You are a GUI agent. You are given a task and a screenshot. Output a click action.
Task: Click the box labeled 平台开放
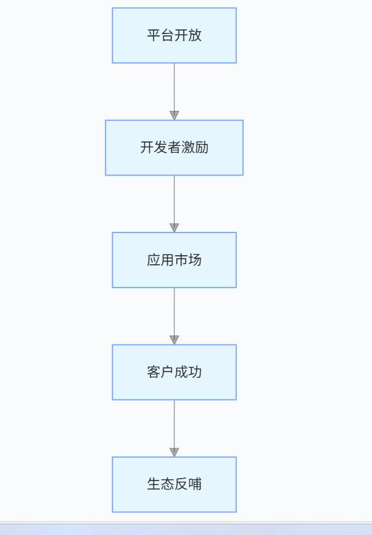[x=174, y=35]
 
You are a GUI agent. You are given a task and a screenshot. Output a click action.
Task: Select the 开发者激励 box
[x=174, y=148]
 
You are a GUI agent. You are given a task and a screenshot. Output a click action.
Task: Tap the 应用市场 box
[x=174, y=260]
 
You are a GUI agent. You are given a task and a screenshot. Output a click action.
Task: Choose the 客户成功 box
[x=174, y=372]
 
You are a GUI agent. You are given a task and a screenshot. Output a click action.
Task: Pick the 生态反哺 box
[x=174, y=485]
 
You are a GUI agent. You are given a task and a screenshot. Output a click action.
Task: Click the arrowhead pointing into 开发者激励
[x=174, y=115]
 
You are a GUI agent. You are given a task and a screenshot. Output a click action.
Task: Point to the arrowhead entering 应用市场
[x=174, y=228]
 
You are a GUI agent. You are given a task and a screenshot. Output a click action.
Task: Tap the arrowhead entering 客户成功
[x=174, y=340]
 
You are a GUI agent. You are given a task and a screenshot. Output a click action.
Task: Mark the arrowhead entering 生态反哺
[x=174, y=452]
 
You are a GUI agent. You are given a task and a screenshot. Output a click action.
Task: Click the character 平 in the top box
[x=154, y=35]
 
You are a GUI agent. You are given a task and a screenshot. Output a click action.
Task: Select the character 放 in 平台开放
[x=195, y=35]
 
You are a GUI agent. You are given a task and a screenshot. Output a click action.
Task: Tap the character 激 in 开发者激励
[x=187, y=147]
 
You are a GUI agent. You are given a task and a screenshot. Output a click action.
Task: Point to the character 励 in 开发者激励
[x=202, y=147]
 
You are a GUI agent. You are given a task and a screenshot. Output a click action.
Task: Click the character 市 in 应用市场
[x=181, y=259]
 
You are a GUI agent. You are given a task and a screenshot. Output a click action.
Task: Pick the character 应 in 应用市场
[x=154, y=259]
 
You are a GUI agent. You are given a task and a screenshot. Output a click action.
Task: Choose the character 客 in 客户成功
[x=154, y=372]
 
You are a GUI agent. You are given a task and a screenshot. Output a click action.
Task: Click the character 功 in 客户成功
[x=195, y=372]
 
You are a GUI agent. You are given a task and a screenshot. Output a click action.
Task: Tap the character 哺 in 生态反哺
[x=195, y=484]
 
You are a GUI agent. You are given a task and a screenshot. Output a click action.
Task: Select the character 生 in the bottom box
[x=154, y=484]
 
